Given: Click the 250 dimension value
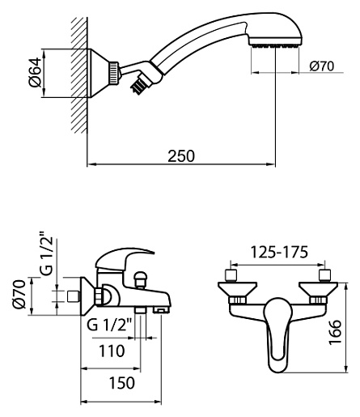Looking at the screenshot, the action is [181, 156].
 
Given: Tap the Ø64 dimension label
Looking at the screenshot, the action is [36, 72].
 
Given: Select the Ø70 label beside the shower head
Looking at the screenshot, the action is [322, 66].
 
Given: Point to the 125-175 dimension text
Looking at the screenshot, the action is [279, 252].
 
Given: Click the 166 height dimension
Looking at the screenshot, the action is [335, 332].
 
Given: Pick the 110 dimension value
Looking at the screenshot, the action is [112, 351].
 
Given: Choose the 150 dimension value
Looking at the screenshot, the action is [121, 383].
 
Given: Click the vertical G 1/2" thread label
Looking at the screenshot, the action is [48, 253].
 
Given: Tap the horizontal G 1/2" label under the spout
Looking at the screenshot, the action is [109, 325].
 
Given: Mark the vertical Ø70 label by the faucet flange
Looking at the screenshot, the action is [19, 294].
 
